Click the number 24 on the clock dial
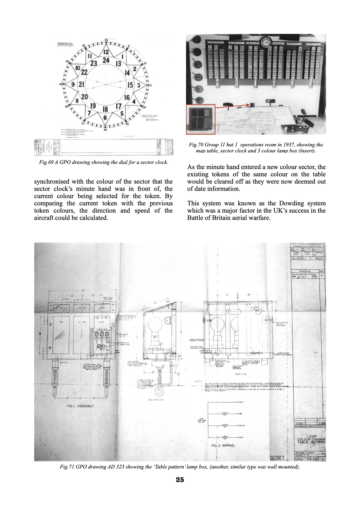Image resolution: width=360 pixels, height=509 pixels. tap(106, 60)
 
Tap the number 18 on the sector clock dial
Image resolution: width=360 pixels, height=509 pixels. tap(105, 109)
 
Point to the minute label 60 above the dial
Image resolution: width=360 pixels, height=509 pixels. tap(106, 40)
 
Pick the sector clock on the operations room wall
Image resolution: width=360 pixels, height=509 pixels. tap(266, 43)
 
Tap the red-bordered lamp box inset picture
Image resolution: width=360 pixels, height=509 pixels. tap(201, 119)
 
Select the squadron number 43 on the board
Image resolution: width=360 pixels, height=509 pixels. tap(216, 47)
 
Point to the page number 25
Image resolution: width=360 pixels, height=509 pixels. tap(180, 480)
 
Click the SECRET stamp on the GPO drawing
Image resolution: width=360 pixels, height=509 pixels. tap(277, 458)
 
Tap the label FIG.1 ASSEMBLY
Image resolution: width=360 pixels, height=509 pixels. tap(80, 406)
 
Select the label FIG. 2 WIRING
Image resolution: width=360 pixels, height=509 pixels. tap(223, 445)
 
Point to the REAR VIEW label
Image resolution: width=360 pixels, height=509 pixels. tap(241, 374)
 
